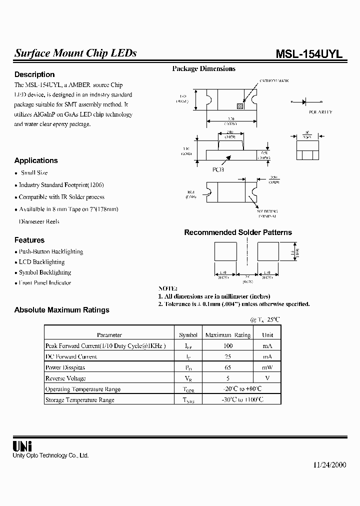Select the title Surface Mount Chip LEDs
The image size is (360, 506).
[75, 53]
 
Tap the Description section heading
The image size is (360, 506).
[34, 74]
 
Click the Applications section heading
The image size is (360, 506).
[36, 160]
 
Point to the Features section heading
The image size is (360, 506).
[29, 240]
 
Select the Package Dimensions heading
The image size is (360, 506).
[203, 68]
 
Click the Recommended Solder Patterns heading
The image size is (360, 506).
[238, 232]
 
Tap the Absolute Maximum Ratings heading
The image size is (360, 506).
[61, 310]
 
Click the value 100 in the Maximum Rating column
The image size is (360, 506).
[228, 346]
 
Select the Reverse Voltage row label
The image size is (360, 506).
[65, 378]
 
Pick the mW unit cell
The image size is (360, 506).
[267, 367]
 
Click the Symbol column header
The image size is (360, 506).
[188, 335]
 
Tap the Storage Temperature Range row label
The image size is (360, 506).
[80, 400]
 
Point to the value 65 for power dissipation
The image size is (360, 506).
[228, 367]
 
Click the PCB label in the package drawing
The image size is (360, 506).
[218, 169]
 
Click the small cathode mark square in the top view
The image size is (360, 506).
[239, 106]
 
